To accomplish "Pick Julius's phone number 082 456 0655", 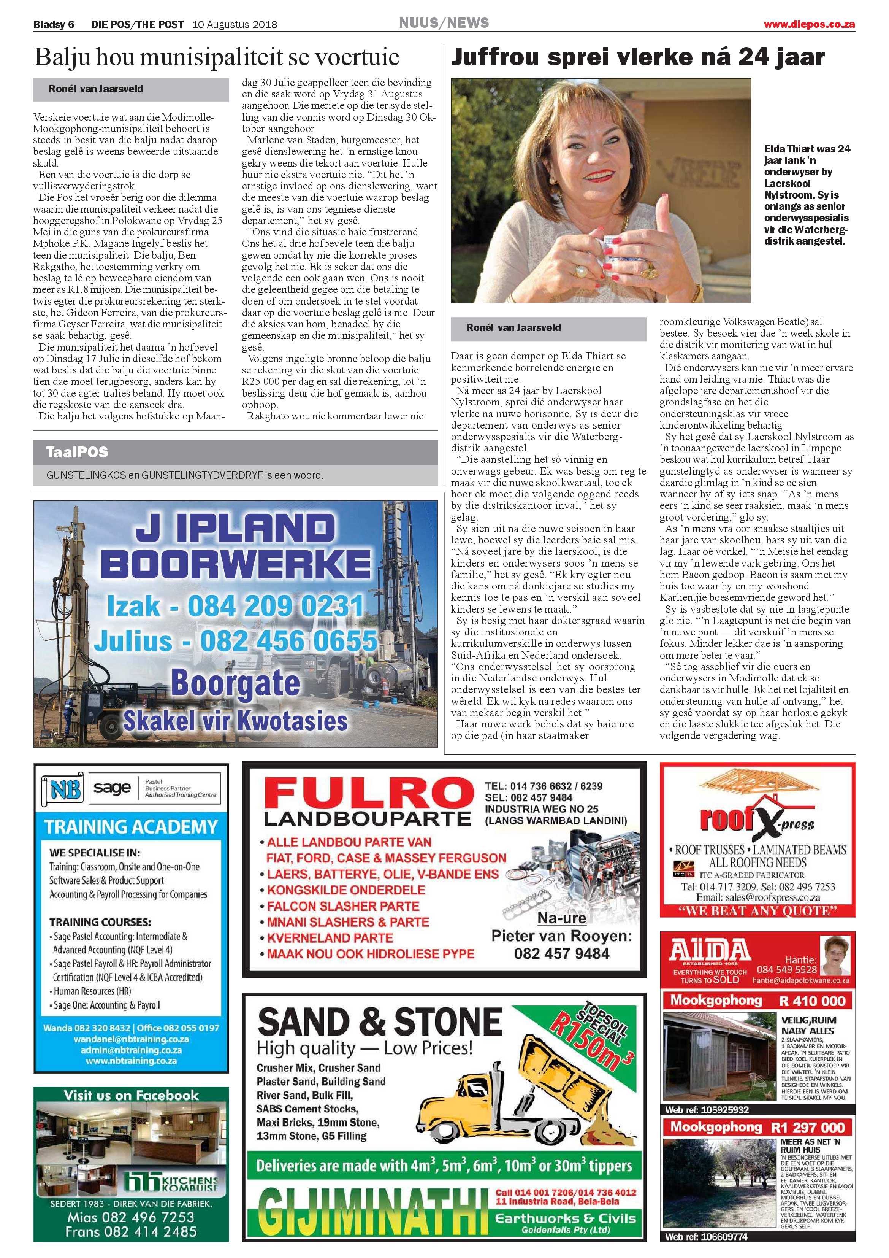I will point(288,640).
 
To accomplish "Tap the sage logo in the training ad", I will point(112,788).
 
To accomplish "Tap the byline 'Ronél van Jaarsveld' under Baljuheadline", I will point(96,89).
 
